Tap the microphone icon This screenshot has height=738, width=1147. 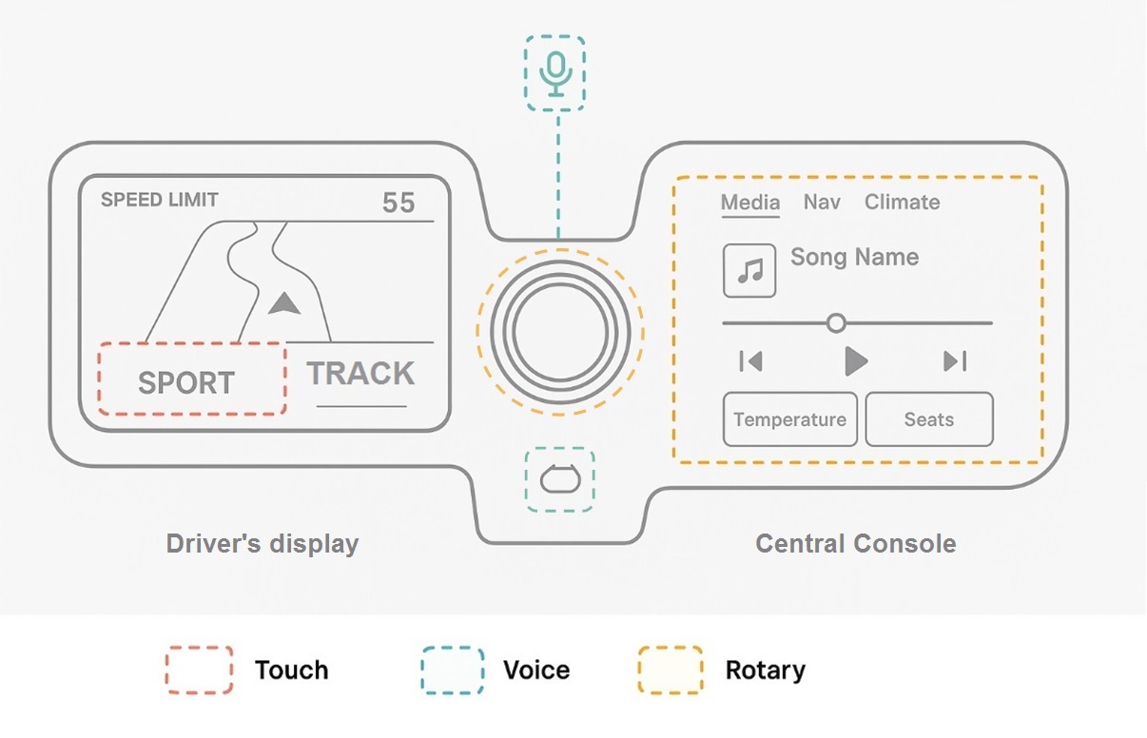[x=555, y=72]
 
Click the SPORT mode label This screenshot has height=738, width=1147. [x=186, y=382]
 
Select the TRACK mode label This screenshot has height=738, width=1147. [x=360, y=374]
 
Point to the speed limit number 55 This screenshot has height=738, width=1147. [x=399, y=203]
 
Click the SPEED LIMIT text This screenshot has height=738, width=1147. [x=160, y=200]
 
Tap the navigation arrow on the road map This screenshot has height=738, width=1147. [x=283, y=304]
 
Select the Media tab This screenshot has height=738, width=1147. [x=750, y=203]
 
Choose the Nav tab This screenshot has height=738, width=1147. [x=822, y=203]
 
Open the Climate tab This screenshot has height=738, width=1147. [x=902, y=203]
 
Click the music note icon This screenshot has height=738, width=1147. [x=749, y=270]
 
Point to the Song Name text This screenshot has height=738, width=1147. [x=854, y=258]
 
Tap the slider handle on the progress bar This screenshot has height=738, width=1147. [x=836, y=323]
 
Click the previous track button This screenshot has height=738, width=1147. [x=751, y=361]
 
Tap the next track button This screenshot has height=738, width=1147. [x=955, y=361]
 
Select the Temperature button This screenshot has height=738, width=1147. [x=790, y=419]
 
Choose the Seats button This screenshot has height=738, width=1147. [x=928, y=419]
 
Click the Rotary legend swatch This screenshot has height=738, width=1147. [x=670, y=670]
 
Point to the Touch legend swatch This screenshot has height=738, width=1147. [x=199, y=670]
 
